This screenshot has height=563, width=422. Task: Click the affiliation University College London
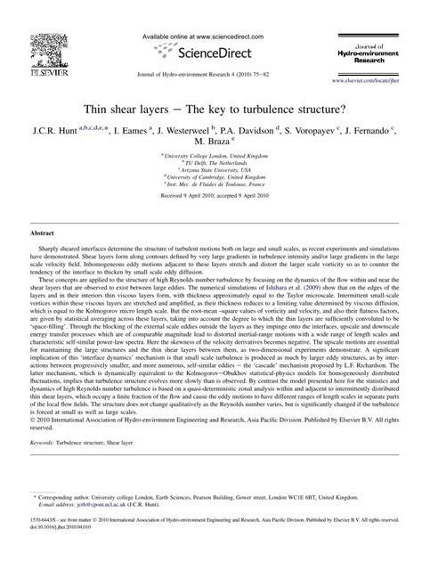pos(212,155)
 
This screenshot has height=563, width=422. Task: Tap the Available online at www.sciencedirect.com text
pos(211,12)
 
